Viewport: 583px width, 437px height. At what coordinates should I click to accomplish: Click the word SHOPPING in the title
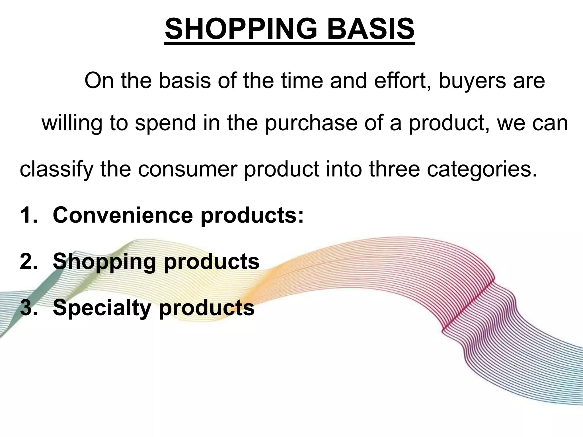(241, 29)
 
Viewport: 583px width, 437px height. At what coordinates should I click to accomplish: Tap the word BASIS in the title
(371, 29)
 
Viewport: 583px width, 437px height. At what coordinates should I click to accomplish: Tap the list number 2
(28, 261)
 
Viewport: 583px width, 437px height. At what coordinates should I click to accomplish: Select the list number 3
(28, 308)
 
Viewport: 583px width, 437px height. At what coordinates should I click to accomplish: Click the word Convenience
(123, 215)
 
